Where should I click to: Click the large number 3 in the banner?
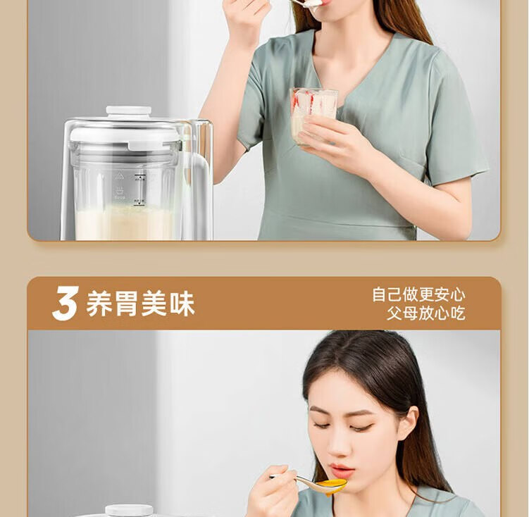point(66,303)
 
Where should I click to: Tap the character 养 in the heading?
point(99,304)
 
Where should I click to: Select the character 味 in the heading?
point(182,304)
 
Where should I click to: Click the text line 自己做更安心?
point(418,294)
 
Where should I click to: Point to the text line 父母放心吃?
point(426,313)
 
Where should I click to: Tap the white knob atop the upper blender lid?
point(128,111)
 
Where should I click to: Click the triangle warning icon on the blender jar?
point(118,176)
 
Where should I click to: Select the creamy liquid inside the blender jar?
point(125,223)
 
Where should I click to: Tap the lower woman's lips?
point(342,469)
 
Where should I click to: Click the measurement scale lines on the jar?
point(139,189)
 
